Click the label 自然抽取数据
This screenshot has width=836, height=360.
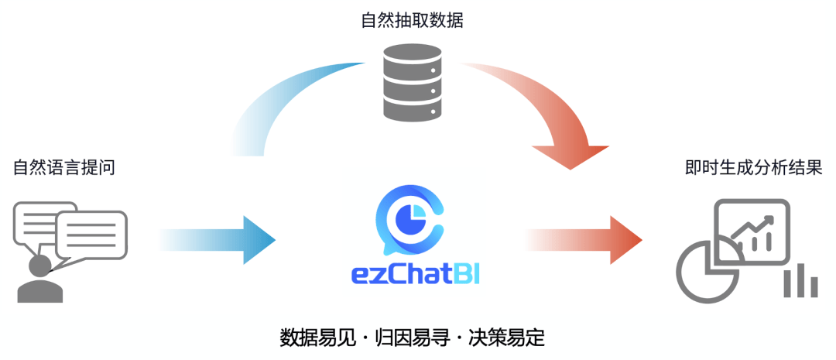[x=412, y=20]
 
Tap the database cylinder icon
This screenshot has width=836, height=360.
[x=412, y=84]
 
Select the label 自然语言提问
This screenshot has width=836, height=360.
[x=64, y=166]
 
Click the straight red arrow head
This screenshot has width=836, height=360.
[x=628, y=239]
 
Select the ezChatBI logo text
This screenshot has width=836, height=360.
[x=415, y=276]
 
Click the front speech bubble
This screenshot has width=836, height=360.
[x=91, y=232]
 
